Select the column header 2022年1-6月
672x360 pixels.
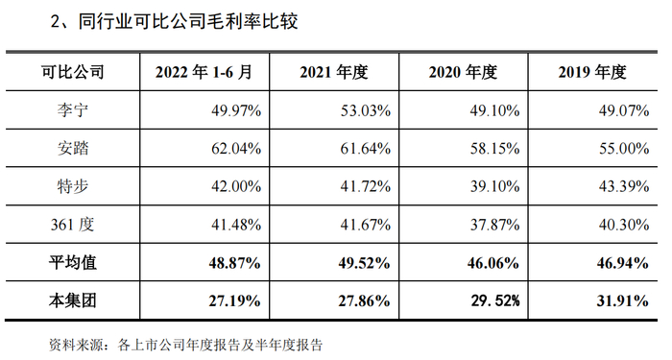[x=205, y=73]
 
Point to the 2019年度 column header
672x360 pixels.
[x=591, y=73]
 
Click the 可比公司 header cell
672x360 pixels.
[x=73, y=73]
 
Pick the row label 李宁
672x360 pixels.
[x=73, y=110]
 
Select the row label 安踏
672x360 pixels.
[x=73, y=148]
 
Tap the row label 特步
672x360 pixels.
[x=73, y=186]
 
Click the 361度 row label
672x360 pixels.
[x=73, y=224]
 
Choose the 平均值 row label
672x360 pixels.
[x=73, y=262]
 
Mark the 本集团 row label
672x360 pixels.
[x=73, y=300]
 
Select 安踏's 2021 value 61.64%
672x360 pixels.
[x=365, y=148]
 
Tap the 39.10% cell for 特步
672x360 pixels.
[x=494, y=186]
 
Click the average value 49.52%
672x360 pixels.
[x=363, y=262]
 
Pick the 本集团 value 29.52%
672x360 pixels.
[x=492, y=300]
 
